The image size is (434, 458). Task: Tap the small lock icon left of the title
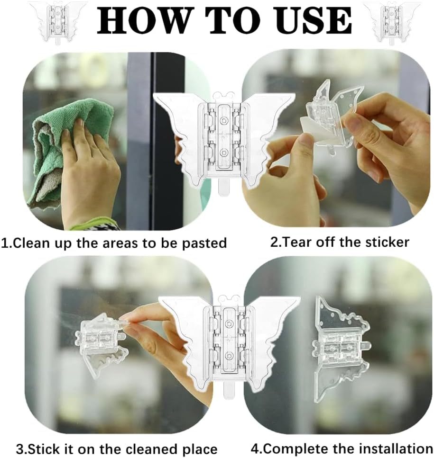[58, 22]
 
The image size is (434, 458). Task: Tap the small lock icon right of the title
[392, 22]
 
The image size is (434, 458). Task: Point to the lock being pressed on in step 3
[101, 345]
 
